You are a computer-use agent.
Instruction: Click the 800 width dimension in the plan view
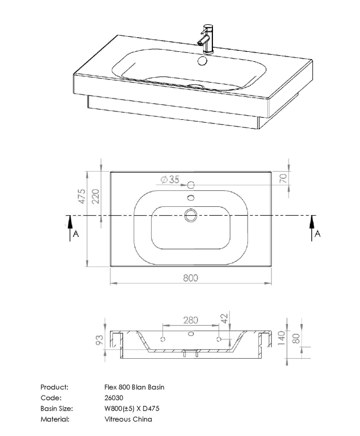(191, 278)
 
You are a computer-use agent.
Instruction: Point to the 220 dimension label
(95, 197)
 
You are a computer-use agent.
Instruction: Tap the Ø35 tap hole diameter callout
(170, 179)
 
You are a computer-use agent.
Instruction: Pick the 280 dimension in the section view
(190, 320)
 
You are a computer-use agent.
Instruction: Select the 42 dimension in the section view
(224, 318)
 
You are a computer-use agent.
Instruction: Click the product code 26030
(113, 398)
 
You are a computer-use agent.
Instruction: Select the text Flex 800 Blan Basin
(134, 387)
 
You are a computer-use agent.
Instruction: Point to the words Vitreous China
(128, 419)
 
